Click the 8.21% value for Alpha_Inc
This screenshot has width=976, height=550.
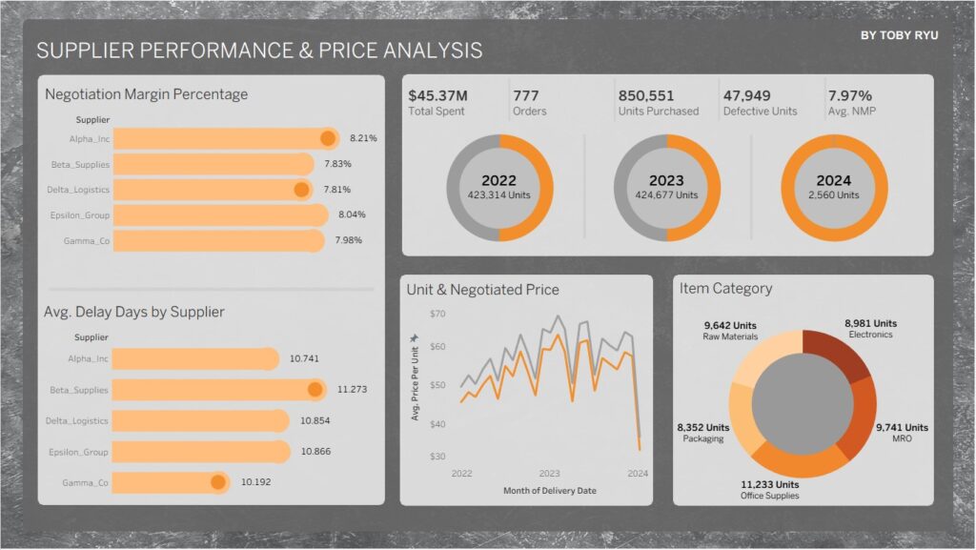(x=363, y=138)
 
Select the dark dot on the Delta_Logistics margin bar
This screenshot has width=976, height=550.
(x=302, y=189)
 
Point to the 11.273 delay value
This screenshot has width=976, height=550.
(x=353, y=389)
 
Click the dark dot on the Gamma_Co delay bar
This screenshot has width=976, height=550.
(x=218, y=481)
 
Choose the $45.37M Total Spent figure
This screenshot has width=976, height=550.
(x=438, y=96)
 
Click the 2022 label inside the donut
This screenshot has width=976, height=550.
(x=499, y=180)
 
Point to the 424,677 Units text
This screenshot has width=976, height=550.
(x=666, y=195)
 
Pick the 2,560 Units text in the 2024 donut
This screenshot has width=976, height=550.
(x=834, y=195)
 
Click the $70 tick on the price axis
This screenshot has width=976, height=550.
(x=437, y=314)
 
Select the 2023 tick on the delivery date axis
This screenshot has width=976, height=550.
(x=550, y=473)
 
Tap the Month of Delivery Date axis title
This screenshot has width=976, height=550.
(x=549, y=490)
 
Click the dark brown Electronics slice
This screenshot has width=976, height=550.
(x=838, y=352)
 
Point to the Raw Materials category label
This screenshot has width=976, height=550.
(x=730, y=336)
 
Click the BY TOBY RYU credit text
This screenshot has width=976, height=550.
(x=901, y=34)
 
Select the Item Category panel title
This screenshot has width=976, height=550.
(x=725, y=288)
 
